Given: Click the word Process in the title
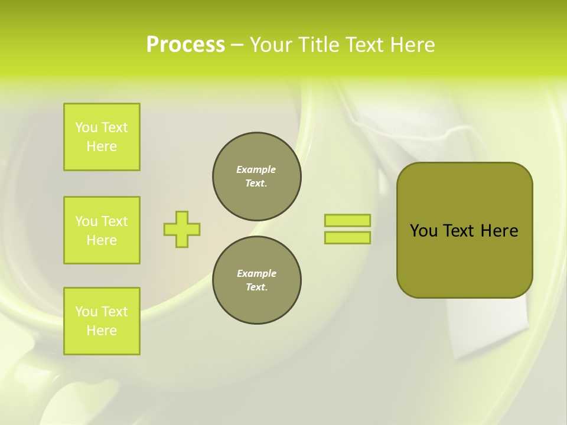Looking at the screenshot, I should click(185, 45).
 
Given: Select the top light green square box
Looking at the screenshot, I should click(102, 137).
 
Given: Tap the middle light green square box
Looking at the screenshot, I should click(102, 230).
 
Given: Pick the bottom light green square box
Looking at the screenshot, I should click(102, 321).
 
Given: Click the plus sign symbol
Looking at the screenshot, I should click(182, 229).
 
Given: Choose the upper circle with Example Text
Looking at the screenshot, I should click(257, 176).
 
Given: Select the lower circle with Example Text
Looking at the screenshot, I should click(257, 280).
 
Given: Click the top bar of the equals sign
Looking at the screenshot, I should click(347, 220).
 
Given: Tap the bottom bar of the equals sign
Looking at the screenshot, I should click(347, 237).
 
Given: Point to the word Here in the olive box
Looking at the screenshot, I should click(499, 231).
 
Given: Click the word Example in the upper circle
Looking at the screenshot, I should click(256, 169).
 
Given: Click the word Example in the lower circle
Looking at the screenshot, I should click(256, 273).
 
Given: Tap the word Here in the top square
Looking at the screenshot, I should click(102, 146).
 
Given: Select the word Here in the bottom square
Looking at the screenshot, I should click(102, 331).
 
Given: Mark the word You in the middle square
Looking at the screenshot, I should click(86, 221).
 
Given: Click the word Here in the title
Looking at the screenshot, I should click(412, 45).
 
